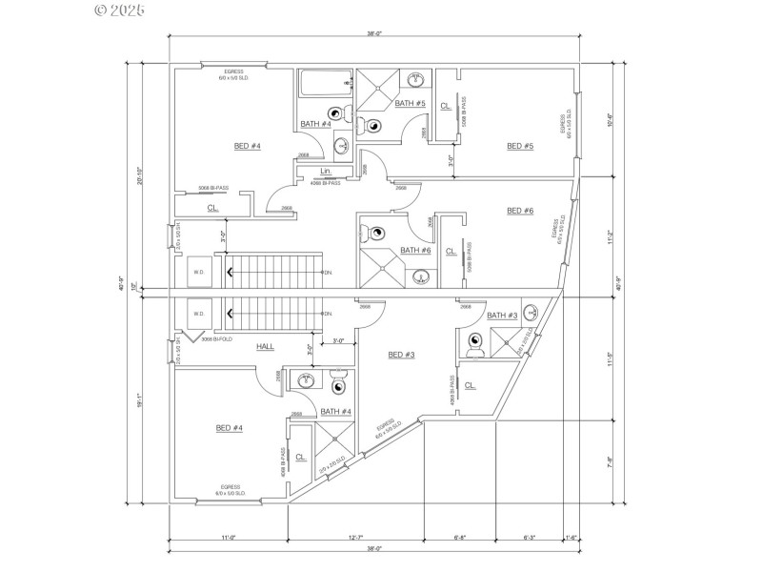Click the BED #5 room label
pyautogui.click(x=520, y=146)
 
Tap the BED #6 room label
pyautogui.click(x=520, y=211)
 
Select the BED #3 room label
pyautogui.click(x=401, y=355)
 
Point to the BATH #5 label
pyautogui.click(x=410, y=103)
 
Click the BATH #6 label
pyautogui.click(x=415, y=250)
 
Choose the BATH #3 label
pyautogui.click(x=502, y=316)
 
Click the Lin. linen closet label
pyautogui.click(x=326, y=172)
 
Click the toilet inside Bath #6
pyautogui.click(x=376, y=231)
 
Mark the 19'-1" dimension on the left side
pyautogui.click(x=141, y=399)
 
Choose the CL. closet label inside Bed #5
pyautogui.click(x=446, y=106)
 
